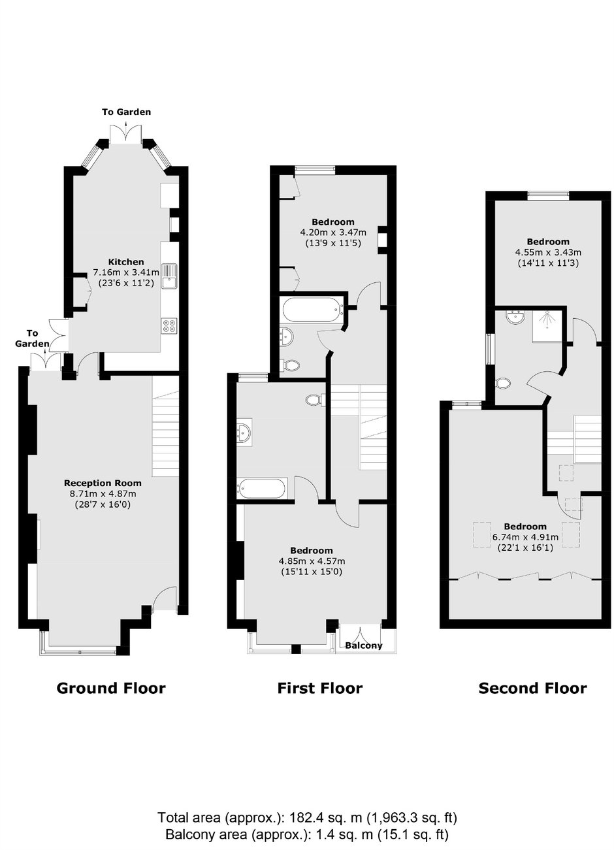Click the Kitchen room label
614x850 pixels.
[126, 261]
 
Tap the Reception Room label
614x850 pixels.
[103, 483]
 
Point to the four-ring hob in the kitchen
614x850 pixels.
[170, 325]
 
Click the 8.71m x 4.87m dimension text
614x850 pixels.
[103, 494]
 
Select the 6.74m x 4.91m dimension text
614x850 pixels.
[525, 537]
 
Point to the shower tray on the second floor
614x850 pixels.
[548, 325]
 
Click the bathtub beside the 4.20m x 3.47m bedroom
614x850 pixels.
[313, 310]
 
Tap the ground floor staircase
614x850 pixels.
[165, 426]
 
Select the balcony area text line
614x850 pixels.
[308, 832]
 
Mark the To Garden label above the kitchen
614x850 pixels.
[126, 112]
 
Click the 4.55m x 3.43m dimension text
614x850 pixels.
[548, 252]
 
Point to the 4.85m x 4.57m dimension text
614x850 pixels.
[312, 561]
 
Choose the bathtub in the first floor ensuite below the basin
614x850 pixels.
[261, 489]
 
